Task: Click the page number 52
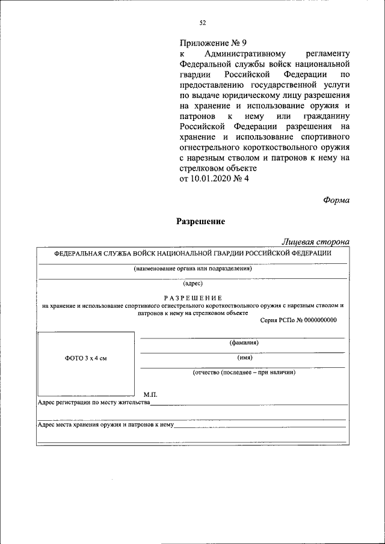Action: point(203,23)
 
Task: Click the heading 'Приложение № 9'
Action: point(213,43)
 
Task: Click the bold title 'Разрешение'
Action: point(200,221)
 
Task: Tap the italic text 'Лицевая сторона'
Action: point(316,242)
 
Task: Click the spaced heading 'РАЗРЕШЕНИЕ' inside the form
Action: point(192,298)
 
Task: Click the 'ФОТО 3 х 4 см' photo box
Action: point(86,358)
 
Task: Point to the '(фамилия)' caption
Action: point(244,343)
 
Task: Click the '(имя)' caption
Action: point(244,358)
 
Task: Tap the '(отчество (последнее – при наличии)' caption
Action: point(244,373)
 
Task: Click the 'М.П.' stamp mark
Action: point(150,394)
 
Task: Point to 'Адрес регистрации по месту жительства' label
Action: point(93,402)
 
